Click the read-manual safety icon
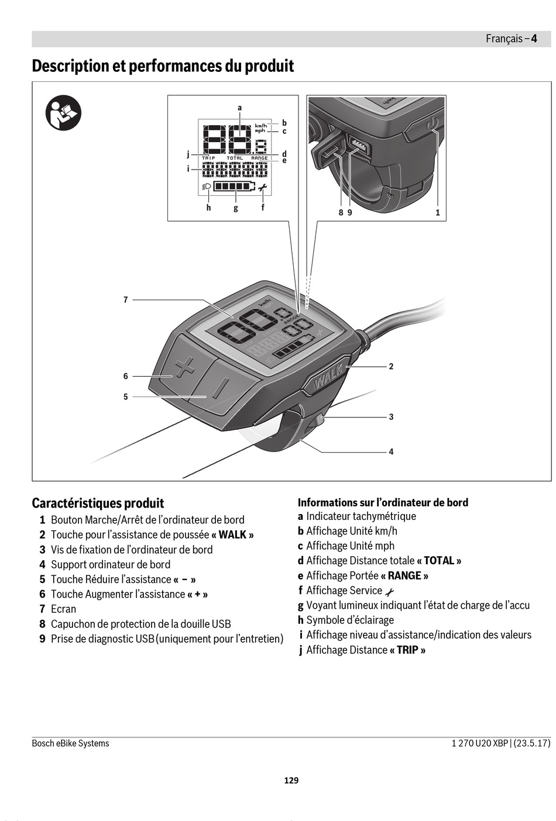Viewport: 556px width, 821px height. [63, 112]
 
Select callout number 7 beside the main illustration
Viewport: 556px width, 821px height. [125, 300]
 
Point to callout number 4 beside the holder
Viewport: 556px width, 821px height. [391, 451]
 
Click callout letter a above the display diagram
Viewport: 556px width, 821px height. [239, 108]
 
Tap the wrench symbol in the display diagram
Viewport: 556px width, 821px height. [262, 188]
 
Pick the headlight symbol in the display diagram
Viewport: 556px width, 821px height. [206, 186]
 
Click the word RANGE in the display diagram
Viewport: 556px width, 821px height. [259, 158]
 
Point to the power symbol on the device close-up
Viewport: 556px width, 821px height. [433, 124]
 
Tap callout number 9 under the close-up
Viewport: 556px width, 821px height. [349, 213]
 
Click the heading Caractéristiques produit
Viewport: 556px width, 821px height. [98, 503]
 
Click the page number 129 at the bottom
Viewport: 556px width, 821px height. [291, 780]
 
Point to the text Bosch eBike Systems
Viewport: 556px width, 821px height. [70, 743]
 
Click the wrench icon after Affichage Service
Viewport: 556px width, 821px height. [390, 592]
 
